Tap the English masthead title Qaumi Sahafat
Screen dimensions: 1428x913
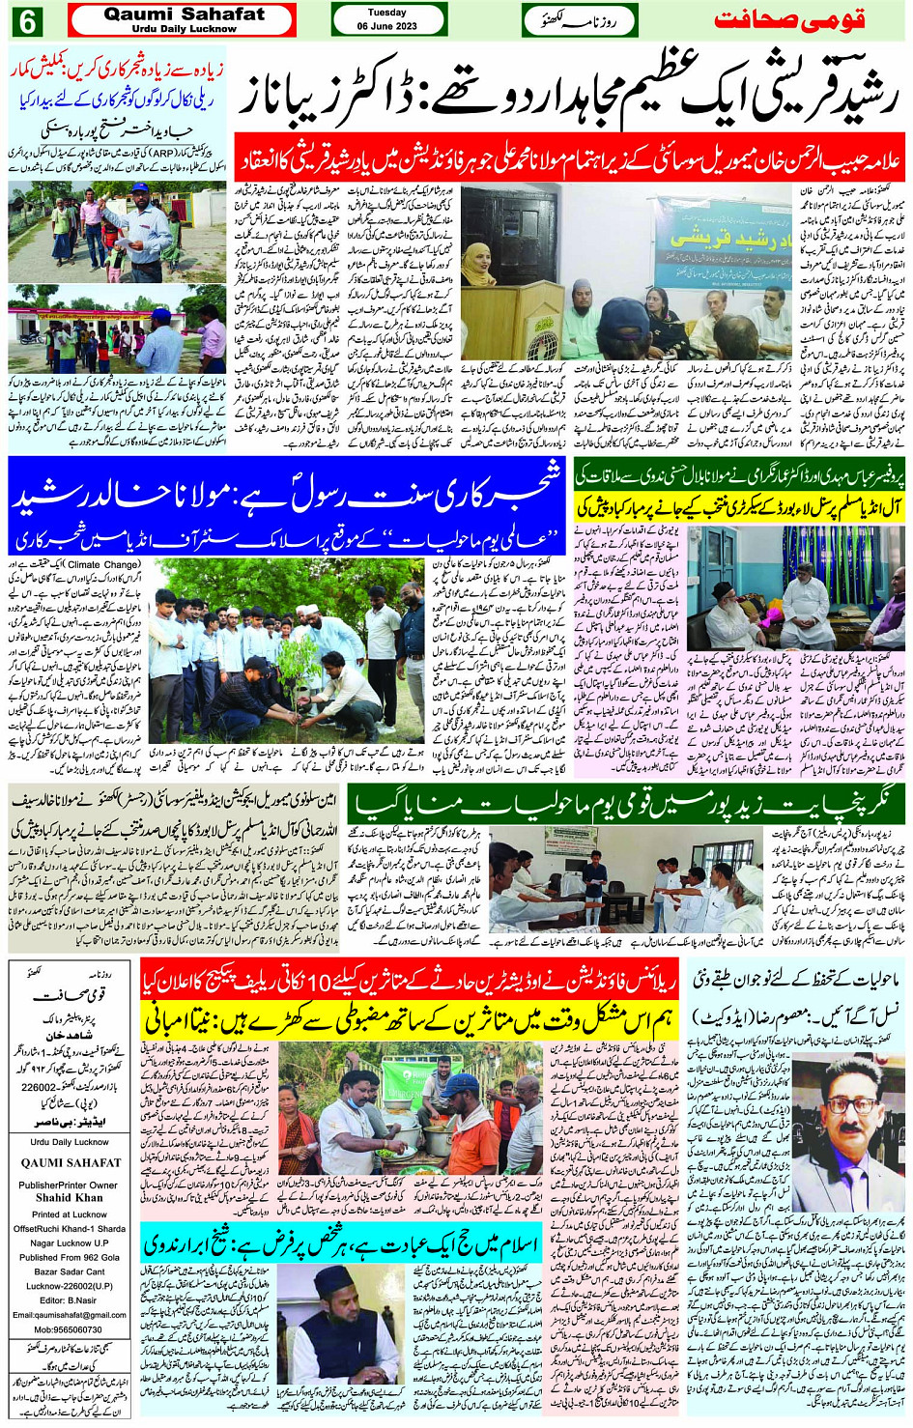pyautogui.click(x=184, y=14)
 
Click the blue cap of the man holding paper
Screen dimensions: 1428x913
pyautogui.click(x=140, y=187)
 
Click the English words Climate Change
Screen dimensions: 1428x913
pyautogui.click(x=103, y=564)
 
